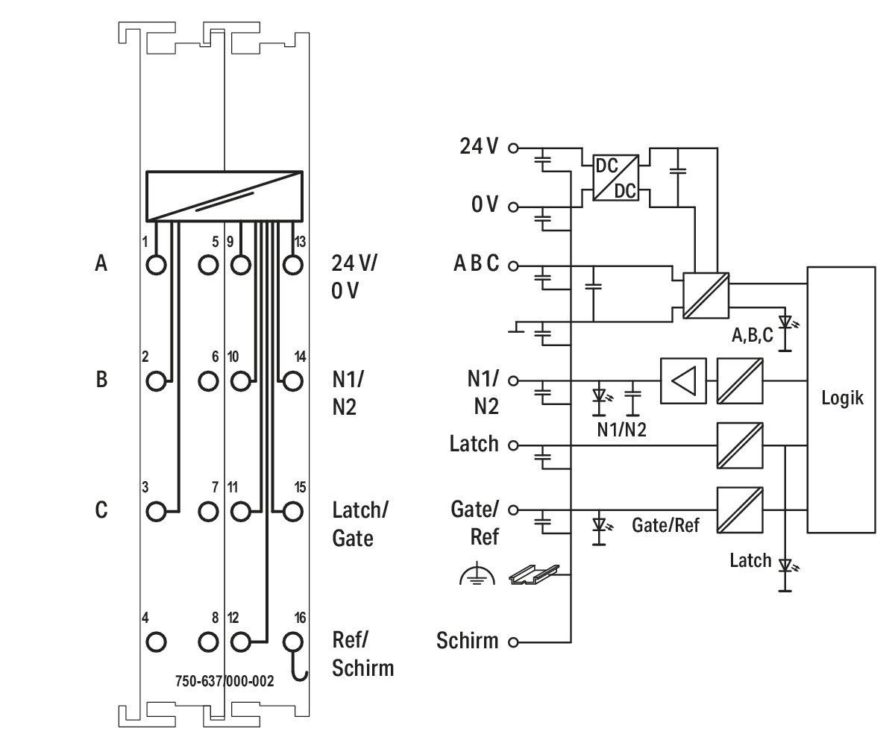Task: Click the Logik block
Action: tap(841, 400)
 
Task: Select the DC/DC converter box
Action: tap(615, 178)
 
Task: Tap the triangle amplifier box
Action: tap(683, 380)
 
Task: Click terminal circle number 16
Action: tap(293, 642)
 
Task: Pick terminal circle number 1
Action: tap(156, 265)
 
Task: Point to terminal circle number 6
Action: tap(208, 381)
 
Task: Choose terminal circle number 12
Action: tap(240, 642)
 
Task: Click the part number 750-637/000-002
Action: tap(224, 681)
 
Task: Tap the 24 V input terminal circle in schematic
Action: tap(513, 148)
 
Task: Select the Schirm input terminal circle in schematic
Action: tap(513, 642)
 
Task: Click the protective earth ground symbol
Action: tap(477, 576)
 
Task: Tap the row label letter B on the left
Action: tap(101, 380)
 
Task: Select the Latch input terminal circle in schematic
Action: tap(513, 446)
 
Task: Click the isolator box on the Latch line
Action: tap(740, 445)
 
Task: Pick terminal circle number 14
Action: tap(293, 381)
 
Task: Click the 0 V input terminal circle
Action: tap(513, 207)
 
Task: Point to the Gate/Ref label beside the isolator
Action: tap(666, 525)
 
